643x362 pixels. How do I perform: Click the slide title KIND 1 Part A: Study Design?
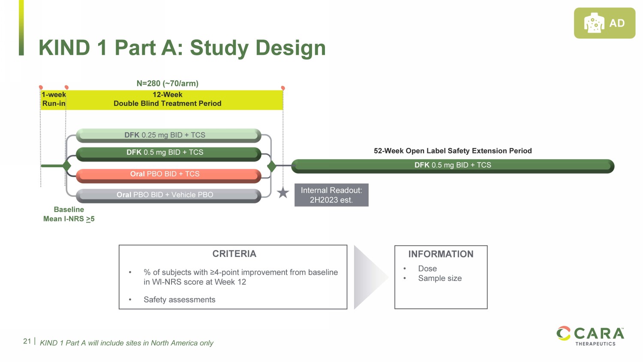point(182,48)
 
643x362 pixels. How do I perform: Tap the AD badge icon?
point(604,23)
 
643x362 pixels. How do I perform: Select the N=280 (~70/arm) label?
point(167,83)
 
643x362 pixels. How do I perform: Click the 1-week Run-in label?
point(54,99)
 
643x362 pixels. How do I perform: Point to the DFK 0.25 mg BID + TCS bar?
point(168,135)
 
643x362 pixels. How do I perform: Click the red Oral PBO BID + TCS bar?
point(168,174)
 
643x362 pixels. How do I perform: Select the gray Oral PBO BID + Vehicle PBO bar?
point(168,195)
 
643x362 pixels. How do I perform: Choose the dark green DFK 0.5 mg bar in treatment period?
point(168,153)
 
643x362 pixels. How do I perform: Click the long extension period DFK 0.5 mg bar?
point(452,166)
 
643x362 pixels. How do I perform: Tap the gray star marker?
point(283,193)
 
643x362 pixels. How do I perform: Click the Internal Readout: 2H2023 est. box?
point(331,195)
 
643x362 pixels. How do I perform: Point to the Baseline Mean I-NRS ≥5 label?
point(69,214)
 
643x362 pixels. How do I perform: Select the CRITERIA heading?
point(234,254)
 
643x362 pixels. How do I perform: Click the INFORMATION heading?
point(441,254)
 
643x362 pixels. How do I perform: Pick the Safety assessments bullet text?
point(179,300)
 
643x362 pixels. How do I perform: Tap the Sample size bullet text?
point(440,278)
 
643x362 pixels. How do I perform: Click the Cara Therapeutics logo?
point(590,335)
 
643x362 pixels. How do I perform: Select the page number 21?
point(27,341)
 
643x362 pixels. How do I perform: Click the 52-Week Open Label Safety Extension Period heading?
point(453,151)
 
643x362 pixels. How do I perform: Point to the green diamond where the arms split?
point(66,166)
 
